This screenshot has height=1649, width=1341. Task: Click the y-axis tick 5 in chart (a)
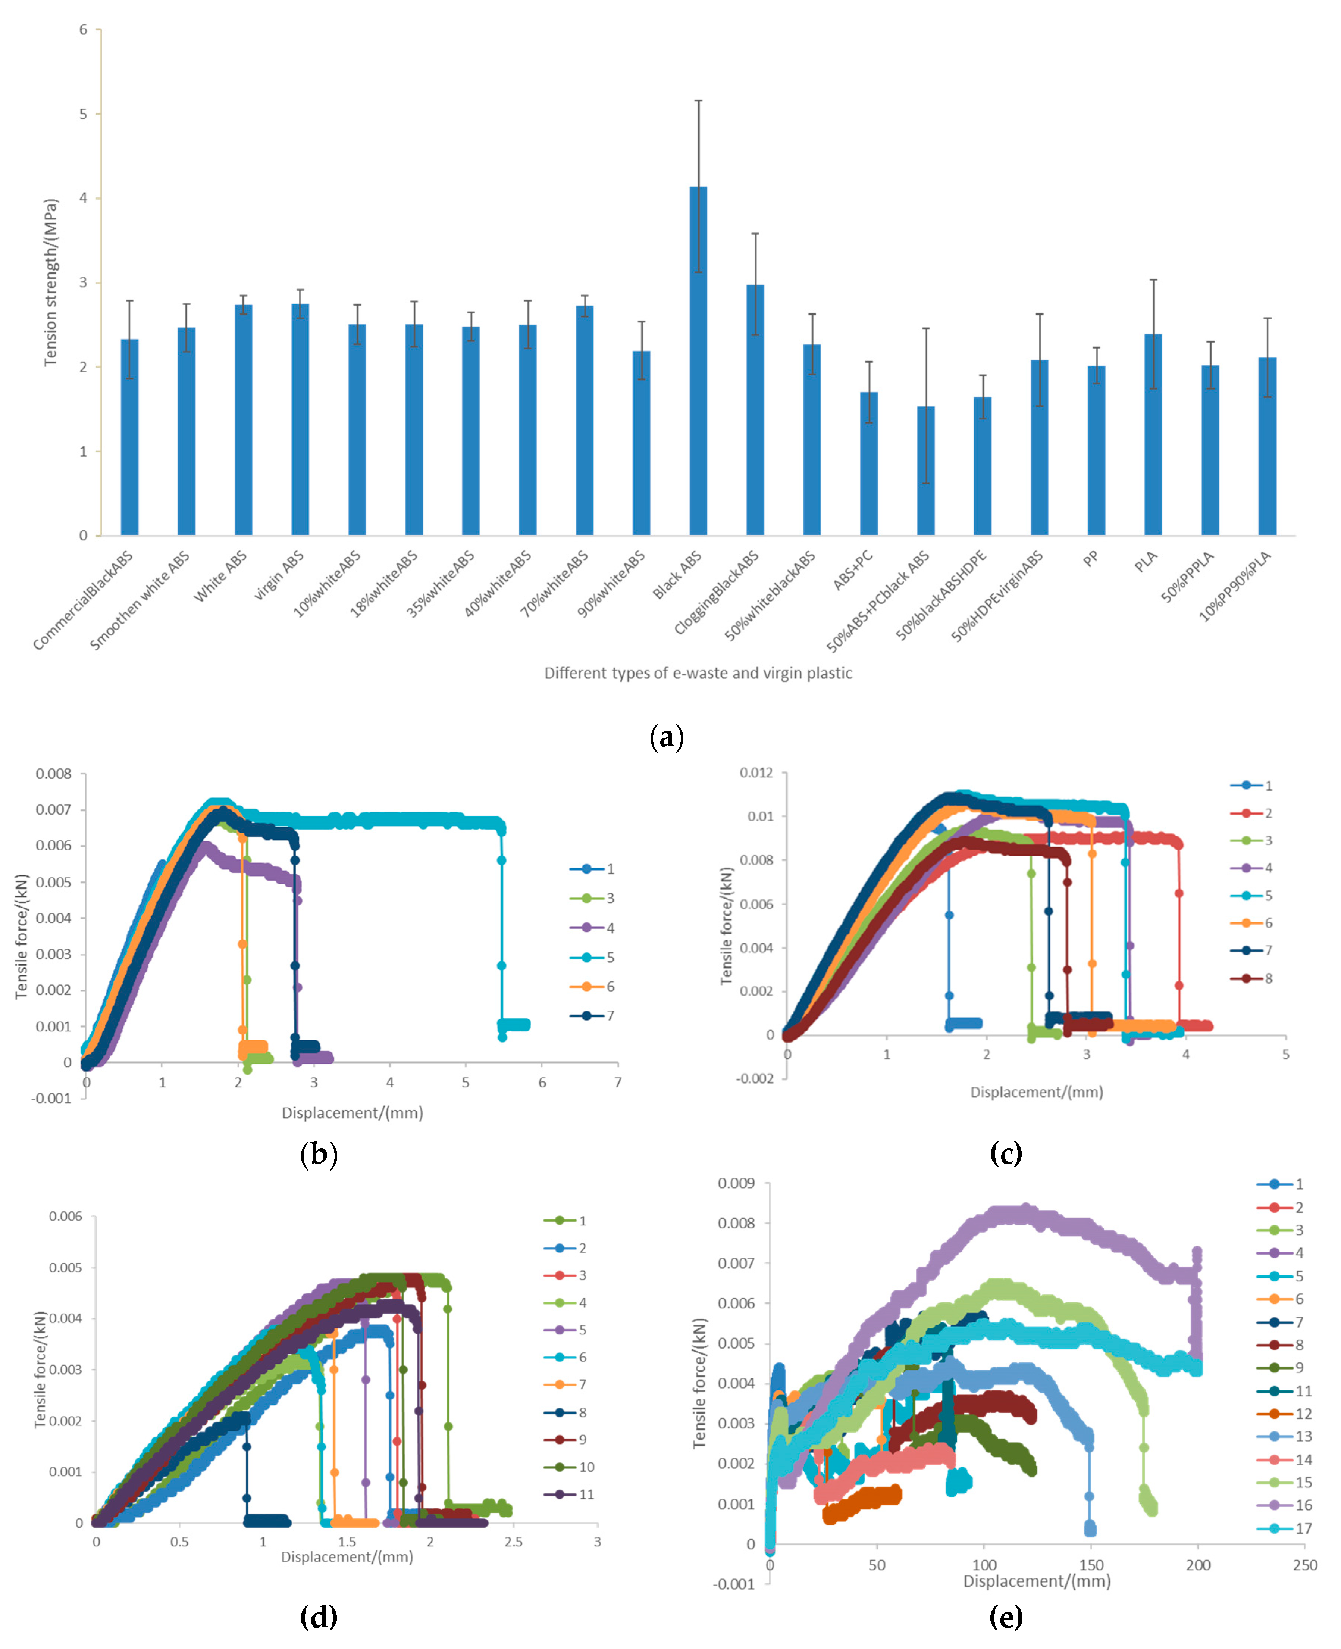click(84, 113)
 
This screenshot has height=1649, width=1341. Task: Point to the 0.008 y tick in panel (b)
click(53, 774)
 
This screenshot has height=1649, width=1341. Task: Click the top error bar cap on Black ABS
click(698, 100)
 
